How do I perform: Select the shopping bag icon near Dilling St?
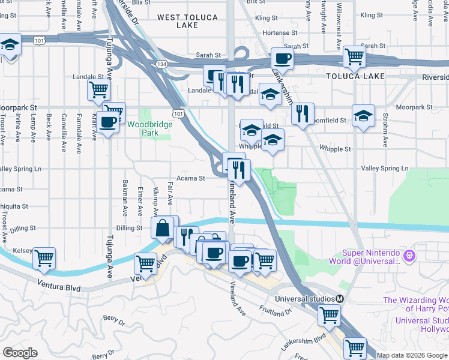point(163,228)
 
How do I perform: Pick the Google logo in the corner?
point(20,353)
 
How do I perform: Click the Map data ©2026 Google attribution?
point(412,355)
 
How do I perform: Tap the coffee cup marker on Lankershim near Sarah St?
point(283,59)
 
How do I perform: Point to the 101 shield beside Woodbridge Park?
point(178,113)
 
